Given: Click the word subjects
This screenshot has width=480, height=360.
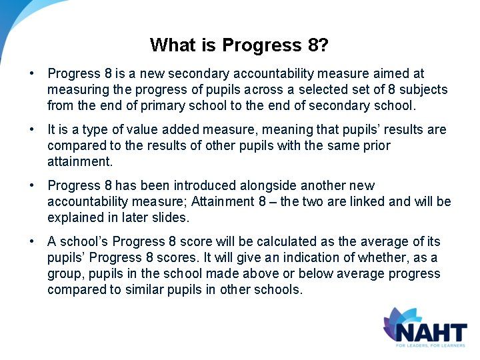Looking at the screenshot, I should (x=423, y=89).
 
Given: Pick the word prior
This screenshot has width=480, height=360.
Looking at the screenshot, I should (x=377, y=145).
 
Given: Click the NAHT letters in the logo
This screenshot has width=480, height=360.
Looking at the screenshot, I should (x=429, y=331).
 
